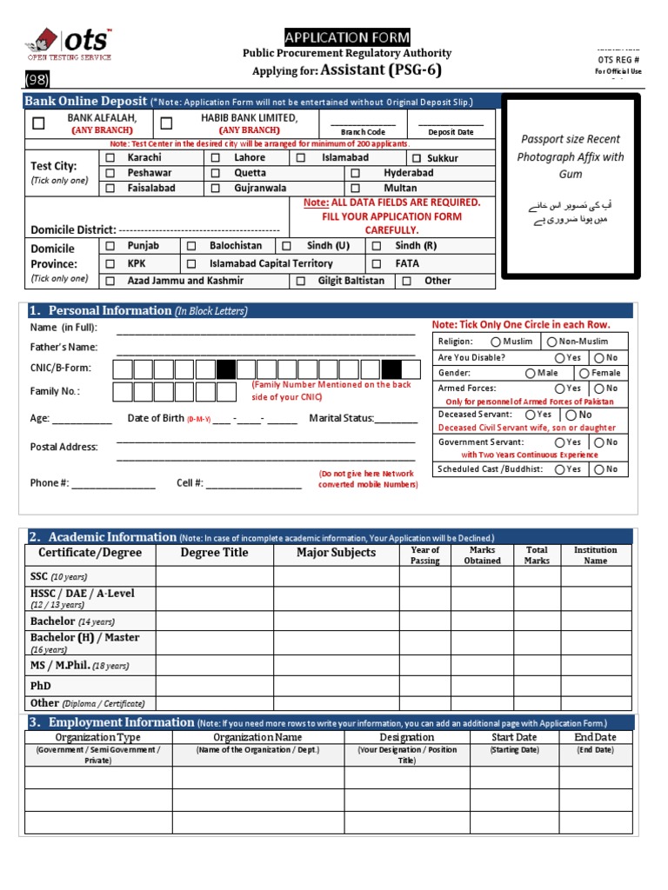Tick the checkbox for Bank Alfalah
point(38,123)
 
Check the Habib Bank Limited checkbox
point(166,123)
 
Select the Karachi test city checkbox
point(110,158)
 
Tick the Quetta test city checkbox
point(215,173)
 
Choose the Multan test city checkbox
point(355,188)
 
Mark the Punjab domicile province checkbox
point(110,246)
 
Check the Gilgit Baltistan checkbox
point(300,281)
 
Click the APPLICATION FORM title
point(347,37)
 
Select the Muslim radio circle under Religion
point(496,342)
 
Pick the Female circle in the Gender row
point(584,373)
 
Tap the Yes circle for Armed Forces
point(560,389)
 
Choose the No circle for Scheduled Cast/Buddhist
point(599,469)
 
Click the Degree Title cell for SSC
point(215,576)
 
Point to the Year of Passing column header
point(424,555)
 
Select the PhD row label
point(41,686)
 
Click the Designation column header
point(406,737)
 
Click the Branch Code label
point(363,132)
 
